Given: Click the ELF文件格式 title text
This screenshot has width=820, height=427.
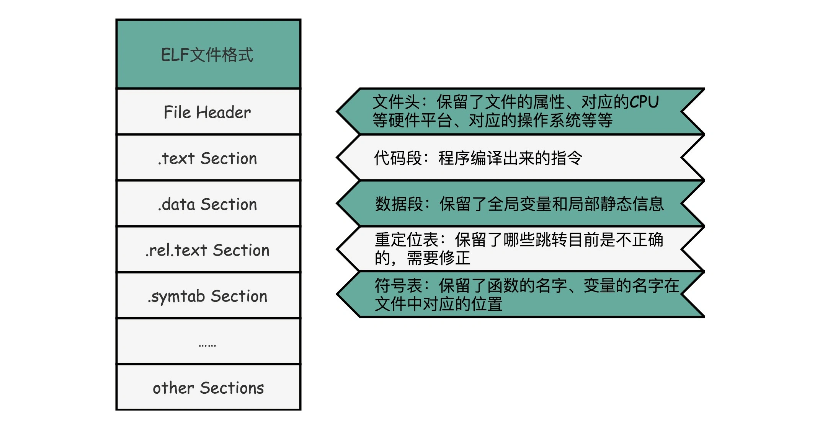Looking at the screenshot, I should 207,55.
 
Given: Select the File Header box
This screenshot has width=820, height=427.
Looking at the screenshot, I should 208,112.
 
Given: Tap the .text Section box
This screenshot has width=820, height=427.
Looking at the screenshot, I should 208,158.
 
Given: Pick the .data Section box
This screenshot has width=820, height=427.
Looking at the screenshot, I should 208,204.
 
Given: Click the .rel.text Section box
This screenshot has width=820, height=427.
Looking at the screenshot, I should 208,250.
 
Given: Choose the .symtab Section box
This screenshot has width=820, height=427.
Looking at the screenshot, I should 208,296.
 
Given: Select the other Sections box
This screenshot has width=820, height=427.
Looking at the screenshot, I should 208,388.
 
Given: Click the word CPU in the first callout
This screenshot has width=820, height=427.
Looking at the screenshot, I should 644,102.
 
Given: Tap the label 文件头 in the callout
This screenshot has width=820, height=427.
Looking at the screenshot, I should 396,102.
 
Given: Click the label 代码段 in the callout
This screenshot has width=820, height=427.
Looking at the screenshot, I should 398,158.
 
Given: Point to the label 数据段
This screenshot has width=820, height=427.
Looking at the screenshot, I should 399,204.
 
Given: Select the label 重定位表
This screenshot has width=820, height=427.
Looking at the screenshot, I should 407,240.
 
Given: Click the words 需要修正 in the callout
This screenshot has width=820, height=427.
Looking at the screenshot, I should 438,258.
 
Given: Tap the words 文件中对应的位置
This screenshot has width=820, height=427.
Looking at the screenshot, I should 438,304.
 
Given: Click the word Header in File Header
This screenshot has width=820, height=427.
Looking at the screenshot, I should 223,112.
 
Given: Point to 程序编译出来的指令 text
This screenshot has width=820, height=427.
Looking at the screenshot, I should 510,158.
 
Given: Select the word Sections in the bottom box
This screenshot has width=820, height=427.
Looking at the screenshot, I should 232,388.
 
